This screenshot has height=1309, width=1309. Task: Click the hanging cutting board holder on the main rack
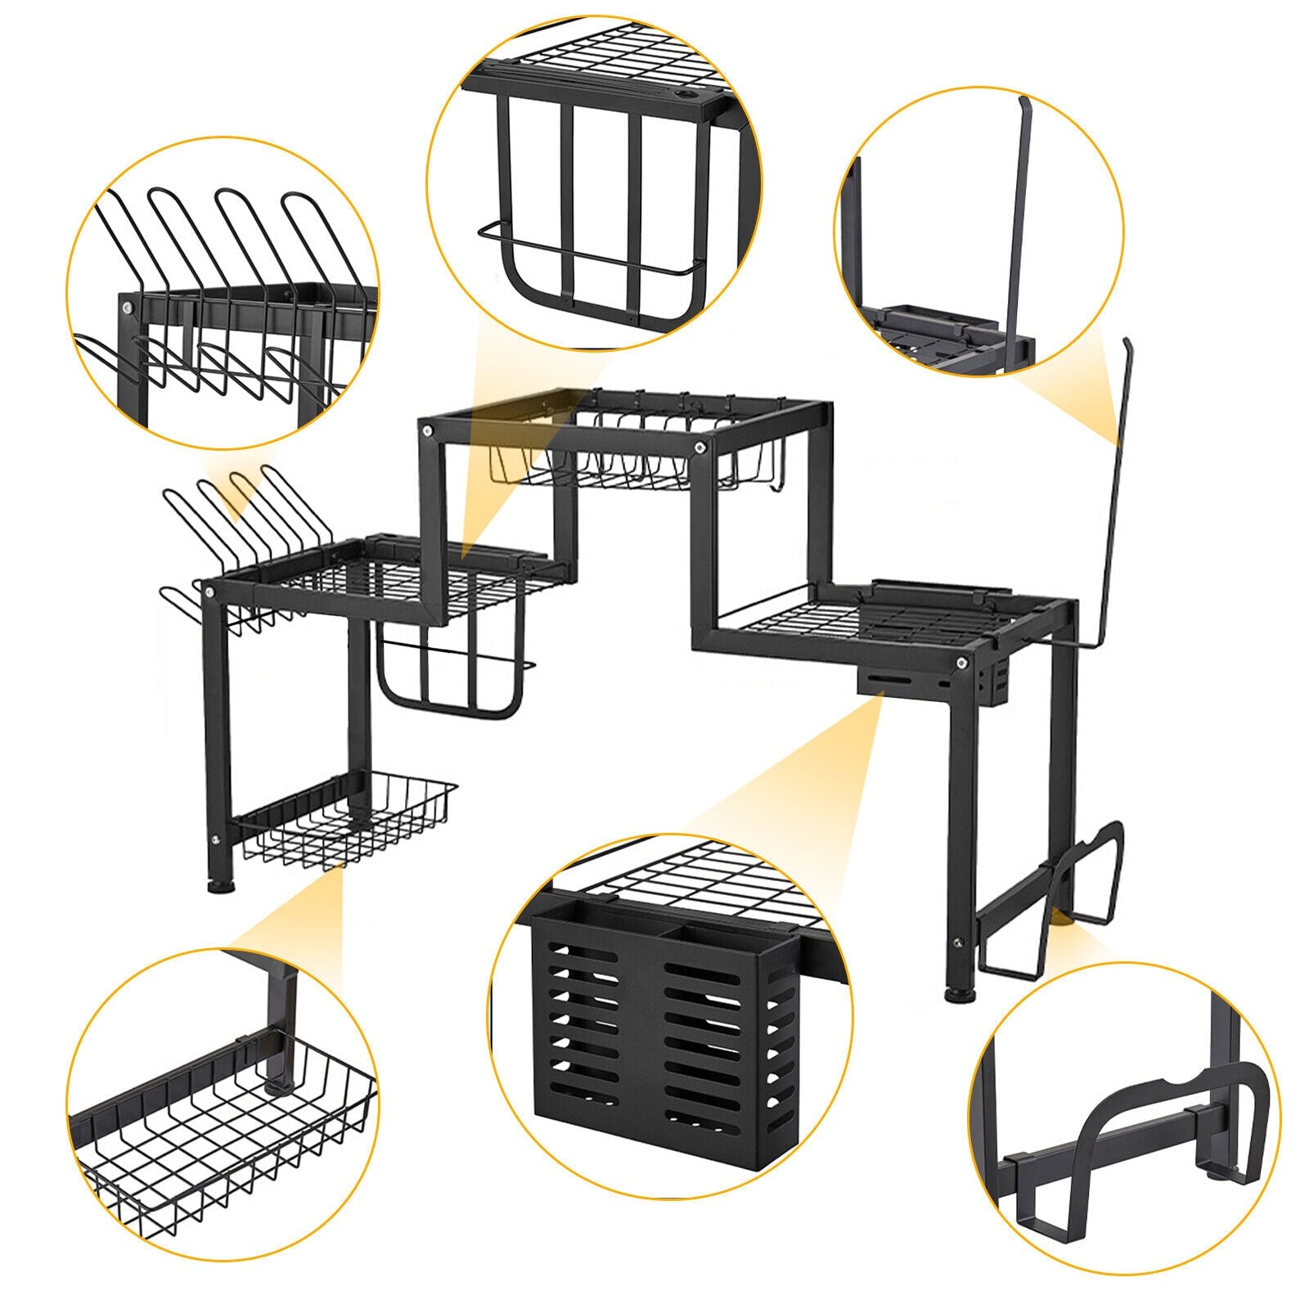[450, 671]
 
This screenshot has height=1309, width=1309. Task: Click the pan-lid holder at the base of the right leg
[1064, 900]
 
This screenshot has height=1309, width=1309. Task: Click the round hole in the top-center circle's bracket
[687, 97]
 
